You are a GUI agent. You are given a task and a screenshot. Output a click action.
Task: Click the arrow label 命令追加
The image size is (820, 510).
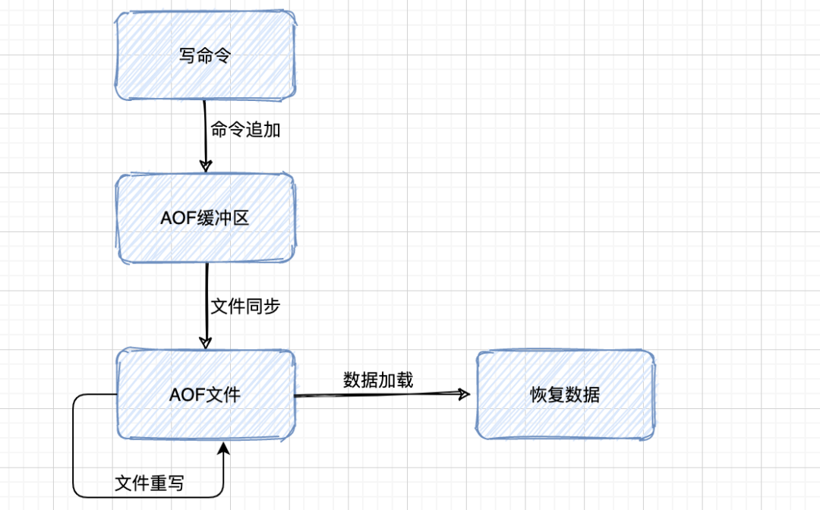click(245, 130)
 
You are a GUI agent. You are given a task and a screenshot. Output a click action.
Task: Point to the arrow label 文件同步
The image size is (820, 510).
click(245, 307)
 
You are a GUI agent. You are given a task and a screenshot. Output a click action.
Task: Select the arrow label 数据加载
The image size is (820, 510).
click(378, 379)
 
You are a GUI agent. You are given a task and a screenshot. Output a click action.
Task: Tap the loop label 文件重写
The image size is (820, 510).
click(149, 483)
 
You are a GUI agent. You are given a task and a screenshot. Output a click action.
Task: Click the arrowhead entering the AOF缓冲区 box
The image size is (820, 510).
click(205, 165)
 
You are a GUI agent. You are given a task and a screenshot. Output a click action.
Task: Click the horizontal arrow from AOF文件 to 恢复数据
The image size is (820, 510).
click(380, 395)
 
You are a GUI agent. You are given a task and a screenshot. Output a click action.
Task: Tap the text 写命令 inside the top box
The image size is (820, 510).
click(205, 57)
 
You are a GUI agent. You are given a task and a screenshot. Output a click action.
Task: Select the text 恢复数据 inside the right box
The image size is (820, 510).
click(564, 395)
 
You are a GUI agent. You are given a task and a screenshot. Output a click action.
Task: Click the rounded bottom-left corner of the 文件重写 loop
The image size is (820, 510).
click(77, 493)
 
